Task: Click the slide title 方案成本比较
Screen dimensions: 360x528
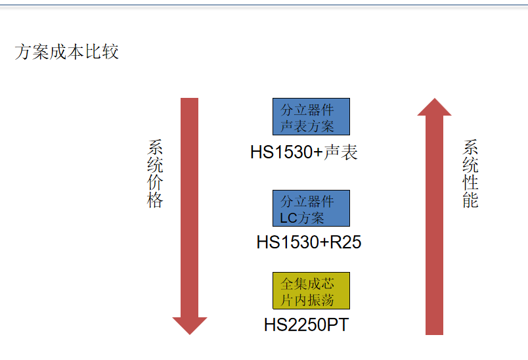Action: click(66, 52)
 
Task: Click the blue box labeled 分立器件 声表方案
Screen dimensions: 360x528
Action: click(311, 117)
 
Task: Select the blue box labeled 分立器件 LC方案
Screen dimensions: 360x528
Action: click(311, 208)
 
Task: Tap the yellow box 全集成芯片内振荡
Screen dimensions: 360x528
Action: click(311, 290)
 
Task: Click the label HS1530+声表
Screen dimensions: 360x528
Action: click(303, 152)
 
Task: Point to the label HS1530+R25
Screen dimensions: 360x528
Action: click(309, 242)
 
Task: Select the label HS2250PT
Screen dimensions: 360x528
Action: click(306, 325)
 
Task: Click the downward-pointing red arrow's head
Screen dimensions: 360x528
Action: click(189, 325)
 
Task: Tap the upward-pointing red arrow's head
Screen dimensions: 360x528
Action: click(434, 108)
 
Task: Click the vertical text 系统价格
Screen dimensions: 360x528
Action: click(154, 173)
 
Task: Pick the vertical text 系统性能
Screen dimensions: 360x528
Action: click(470, 173)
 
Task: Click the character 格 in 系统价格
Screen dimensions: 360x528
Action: click(154, 200)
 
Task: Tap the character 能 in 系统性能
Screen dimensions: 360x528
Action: click(470, 200)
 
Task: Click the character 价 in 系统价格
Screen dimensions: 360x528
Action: click(154, 183)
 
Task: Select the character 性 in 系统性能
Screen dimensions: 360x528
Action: click(470, 183)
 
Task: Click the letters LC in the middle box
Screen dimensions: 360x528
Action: click(289, 217)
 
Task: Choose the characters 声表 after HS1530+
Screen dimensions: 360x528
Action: click(341, 152)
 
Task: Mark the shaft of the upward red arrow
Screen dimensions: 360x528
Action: click(434, 223)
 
